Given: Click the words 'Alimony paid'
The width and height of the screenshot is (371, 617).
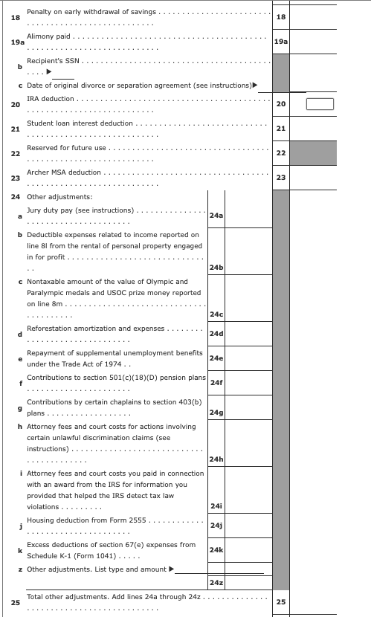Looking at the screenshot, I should click(49, 36).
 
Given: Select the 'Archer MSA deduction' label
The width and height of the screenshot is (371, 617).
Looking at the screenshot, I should click(64, 172).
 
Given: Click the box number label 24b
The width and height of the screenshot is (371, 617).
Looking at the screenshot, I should click(217, 267).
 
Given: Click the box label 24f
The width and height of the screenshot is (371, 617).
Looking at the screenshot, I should click(217, 382).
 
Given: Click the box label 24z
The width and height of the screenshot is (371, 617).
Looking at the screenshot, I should click(217, 581).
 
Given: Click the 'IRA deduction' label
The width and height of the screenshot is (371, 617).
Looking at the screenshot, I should click(51, 98).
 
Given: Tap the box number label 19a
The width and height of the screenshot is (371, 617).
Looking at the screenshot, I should click(280, 43).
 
